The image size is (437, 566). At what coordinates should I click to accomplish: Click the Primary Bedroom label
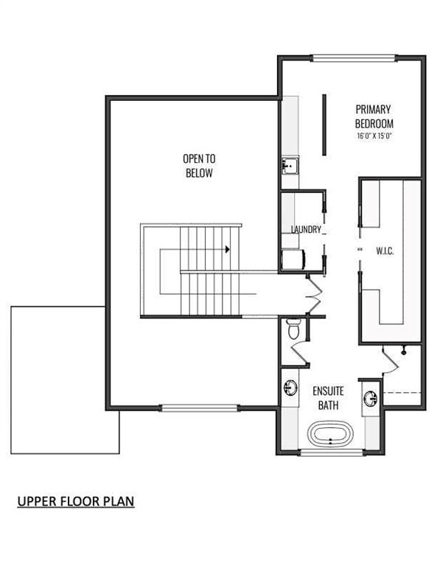374,116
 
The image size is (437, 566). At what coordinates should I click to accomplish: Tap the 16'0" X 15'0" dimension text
374,136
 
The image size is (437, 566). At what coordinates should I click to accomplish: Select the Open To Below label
199,166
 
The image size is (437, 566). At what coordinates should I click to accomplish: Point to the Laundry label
306,229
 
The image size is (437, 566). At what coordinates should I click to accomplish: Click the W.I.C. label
385,251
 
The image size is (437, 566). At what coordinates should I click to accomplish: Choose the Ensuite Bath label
328,398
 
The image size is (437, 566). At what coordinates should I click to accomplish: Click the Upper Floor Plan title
76,501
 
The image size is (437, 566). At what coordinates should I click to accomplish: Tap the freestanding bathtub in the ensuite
330,433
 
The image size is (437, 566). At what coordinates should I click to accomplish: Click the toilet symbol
293,329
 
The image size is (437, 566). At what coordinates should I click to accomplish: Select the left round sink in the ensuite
290,388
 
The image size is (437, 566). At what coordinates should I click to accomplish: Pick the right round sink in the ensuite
371,399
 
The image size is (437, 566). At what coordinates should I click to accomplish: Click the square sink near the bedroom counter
290,166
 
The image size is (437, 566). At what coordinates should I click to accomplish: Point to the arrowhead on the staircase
227,249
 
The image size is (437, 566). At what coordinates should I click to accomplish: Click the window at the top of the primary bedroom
353,58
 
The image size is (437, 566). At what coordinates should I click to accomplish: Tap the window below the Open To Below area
199,408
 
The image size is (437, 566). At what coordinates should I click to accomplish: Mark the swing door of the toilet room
299,352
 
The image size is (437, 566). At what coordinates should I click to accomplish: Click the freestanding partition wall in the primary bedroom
324,125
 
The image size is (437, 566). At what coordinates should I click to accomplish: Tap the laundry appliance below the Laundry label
293,259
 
